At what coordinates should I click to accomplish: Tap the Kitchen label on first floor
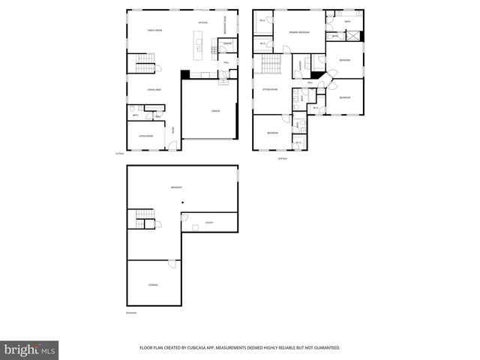point(202,23)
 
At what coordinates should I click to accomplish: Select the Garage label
point(215,111)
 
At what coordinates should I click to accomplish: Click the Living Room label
point(145,136)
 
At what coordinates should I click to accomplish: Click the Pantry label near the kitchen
point(226,43)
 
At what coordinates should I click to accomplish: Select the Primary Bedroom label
point(300,32)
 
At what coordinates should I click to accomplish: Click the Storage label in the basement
point(152,285)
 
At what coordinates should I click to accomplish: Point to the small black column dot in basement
point(182,201)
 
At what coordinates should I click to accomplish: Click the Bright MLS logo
point(30,349)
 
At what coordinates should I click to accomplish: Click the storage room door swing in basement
point(172,264)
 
